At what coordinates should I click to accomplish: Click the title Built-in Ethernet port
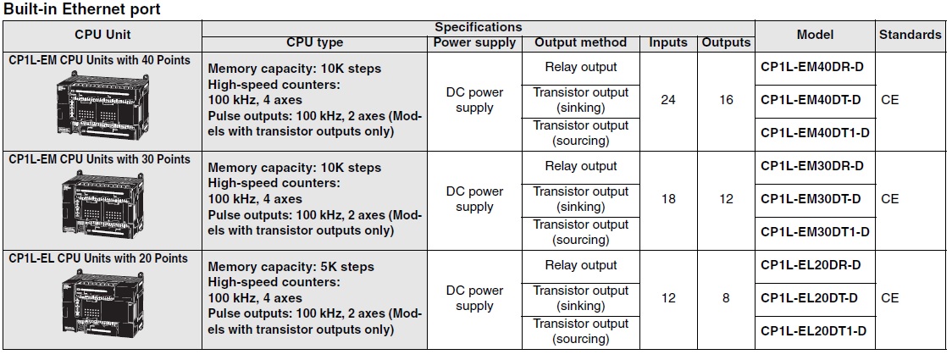pyautogui.click(x=82, y=9)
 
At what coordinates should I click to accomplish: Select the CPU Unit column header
pyautogui.click(x=102, y=35)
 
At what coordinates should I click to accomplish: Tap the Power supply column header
pyautogui.click(x=474, y=43)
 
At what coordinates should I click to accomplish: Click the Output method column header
pyautogui.click(x=580, y=43)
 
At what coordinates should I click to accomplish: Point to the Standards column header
pyautogui.click(x=910, y=35)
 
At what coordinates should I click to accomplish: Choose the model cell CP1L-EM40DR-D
pyautogui.click(x=811, y=67)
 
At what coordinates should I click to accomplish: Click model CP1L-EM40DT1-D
pyautogui.click(x=815, y=132)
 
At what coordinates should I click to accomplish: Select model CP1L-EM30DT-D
pyautogui.click(x=811, y=198)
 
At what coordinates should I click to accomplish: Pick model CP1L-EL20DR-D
pyautogui.click(x=811, y=264)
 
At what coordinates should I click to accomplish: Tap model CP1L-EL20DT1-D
pyautogui.click(x=814, y=331)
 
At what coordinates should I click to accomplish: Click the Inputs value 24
pyautogui.click(x=668, y=100)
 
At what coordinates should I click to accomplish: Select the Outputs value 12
pyautogui.click(x=726, y=198)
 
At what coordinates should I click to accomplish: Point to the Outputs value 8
pyautogui.click(x=726, y=298)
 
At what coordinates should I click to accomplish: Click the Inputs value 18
pyautogui.click(x=668, y=198)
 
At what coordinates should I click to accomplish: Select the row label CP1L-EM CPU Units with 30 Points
pyautogui.click(x=100, y=159)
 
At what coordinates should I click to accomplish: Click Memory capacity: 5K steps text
pyautogui.click(x=291, y=267)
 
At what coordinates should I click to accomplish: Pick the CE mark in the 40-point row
pyautogui.click(x=889, y=100)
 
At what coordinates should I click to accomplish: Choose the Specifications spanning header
pyautogui.click(x=479, y=27)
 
